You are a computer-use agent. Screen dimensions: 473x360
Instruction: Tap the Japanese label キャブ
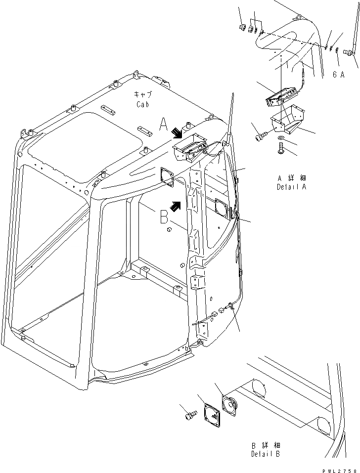[143, 95]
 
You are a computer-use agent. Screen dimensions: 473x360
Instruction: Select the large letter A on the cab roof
[163, 124]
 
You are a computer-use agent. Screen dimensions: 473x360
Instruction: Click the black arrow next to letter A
[176, 132]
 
